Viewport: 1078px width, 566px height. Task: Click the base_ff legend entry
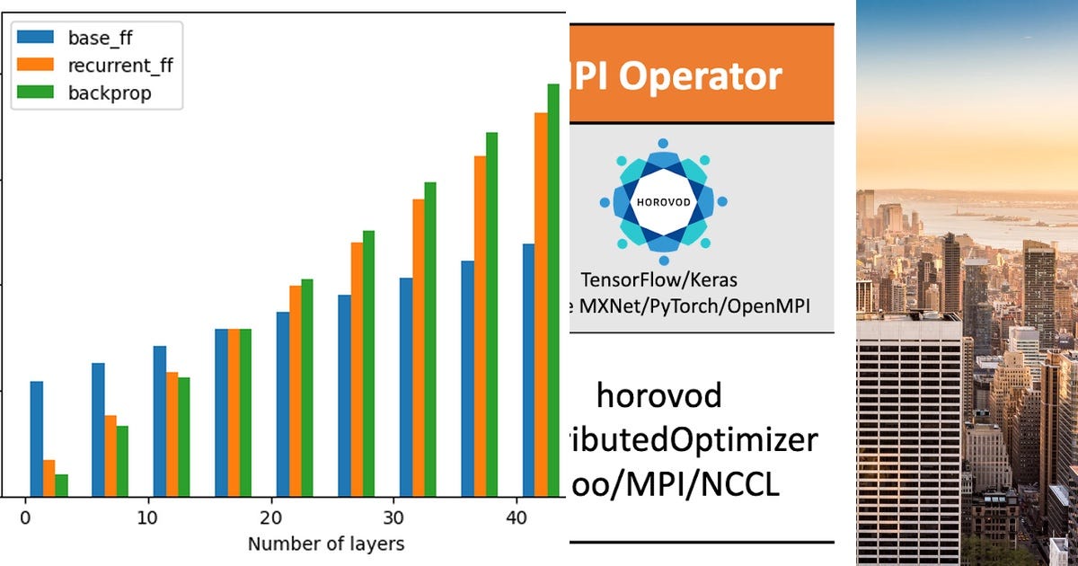pos(99,38)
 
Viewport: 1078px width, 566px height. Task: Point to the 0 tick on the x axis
pos(25,518)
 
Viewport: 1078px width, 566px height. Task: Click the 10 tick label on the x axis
pos(148,518)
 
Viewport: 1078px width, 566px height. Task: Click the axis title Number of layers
pos(326,544)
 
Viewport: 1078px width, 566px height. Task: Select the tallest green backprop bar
pos(553,287)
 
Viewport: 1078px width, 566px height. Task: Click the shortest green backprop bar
pos(62,485)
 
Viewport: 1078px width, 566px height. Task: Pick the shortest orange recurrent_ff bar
pos(49,478)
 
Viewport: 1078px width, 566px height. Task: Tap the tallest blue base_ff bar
pos(529,369)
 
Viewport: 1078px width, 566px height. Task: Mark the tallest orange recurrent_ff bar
pos(541,304)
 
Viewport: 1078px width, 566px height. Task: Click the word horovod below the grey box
pos(658,394)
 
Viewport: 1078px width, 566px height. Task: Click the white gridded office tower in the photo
pos(908,440)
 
